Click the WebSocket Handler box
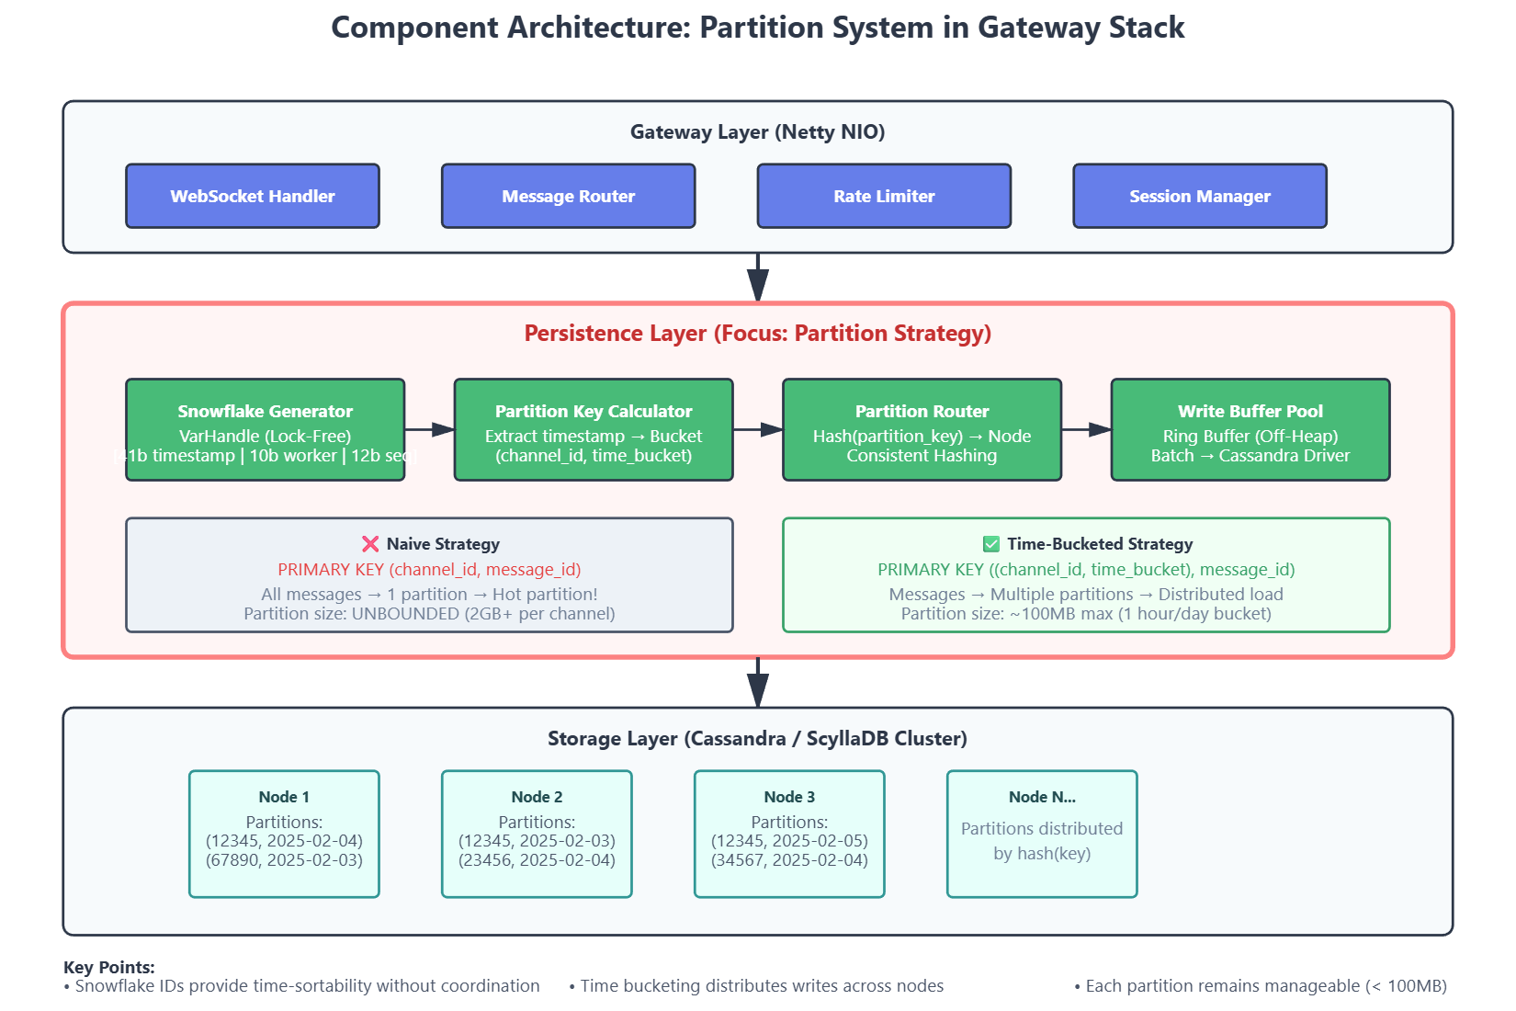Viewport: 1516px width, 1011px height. (253, 196)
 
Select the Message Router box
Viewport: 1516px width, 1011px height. (569, 196)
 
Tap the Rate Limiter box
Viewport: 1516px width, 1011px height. (884, 196)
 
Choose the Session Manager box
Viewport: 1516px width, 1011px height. (1200, 196)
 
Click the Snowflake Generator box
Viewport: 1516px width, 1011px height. (266, 429)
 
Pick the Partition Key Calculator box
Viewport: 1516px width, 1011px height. (594, 429)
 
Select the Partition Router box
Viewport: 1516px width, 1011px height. (922, 429)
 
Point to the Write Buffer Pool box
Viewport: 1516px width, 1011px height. (1250, 429)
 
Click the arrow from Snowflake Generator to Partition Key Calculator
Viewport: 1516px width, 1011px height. (430, 429)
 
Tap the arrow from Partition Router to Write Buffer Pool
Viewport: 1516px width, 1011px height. (1086, 429)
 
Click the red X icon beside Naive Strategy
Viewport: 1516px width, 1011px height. (370, 544)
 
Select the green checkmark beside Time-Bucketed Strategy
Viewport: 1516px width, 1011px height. (990, 544)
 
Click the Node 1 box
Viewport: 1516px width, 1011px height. (284, 834)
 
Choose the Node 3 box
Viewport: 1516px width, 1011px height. (789, 834)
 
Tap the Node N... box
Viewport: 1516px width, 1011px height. (1042, 834)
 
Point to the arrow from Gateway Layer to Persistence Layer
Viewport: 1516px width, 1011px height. (758, 278)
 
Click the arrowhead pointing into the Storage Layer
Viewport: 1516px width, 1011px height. (758, 691)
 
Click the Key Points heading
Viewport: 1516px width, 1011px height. (109, 967)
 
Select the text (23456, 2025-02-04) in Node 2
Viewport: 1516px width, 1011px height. (537, 860)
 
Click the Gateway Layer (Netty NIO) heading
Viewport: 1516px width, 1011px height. (758, 131)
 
